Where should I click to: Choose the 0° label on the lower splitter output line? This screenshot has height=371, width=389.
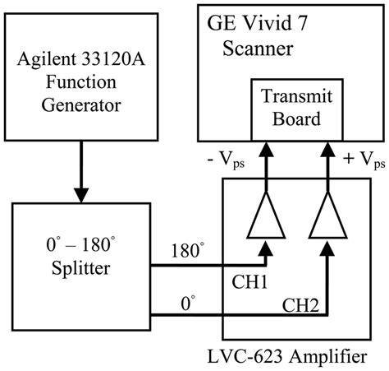tap(186, 304)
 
